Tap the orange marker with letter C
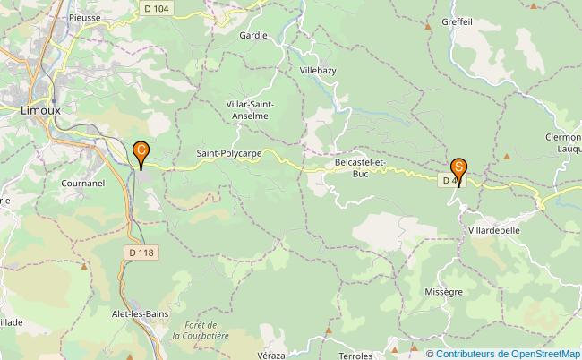click(141, 153)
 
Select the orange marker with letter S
click(458, 169)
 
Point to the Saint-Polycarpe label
click(228, 153)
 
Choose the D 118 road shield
click(141, 253)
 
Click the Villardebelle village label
click(493, 230)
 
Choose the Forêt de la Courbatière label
click(201, 330)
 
